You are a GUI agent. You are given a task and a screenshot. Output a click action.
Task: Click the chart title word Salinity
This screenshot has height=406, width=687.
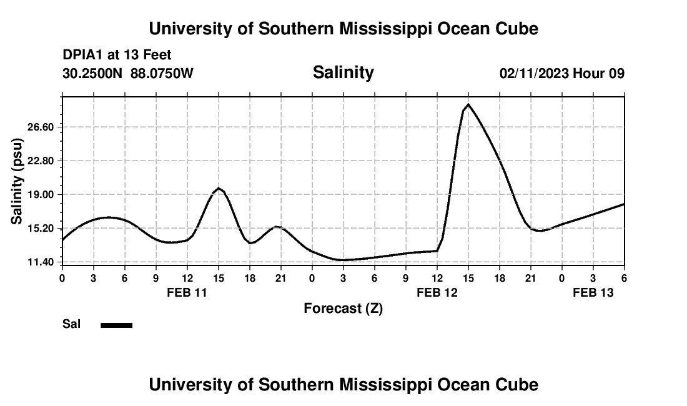[343, 72]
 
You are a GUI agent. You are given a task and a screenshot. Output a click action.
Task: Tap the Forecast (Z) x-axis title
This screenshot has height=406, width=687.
[343, 308]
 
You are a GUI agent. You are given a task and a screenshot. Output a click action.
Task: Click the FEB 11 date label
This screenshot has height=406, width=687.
[187, 292]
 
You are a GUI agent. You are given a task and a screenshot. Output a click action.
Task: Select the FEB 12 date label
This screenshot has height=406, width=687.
[437, 292]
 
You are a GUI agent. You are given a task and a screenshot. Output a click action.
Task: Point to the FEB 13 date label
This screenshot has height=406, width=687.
[593, 292]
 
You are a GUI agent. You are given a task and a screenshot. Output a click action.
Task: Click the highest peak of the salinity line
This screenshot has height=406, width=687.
[468, 104]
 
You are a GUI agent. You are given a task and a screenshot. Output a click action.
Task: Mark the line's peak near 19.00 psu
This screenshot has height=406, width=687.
[218, 188]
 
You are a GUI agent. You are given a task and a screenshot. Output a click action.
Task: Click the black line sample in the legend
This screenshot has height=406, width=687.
[117, 325]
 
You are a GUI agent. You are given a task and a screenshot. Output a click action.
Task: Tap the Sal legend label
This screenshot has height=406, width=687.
[72, 324]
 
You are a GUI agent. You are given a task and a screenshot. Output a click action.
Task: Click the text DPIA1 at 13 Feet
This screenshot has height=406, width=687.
[117, 56]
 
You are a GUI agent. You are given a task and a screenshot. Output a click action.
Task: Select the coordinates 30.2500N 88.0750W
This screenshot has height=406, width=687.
[128, 74]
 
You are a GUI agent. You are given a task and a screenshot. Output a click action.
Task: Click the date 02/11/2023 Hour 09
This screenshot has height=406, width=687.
[561, 74]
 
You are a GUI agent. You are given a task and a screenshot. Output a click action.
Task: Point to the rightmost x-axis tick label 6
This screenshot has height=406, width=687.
[624, 278]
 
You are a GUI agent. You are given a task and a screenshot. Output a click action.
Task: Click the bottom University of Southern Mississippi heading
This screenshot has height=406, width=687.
[343, 385]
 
